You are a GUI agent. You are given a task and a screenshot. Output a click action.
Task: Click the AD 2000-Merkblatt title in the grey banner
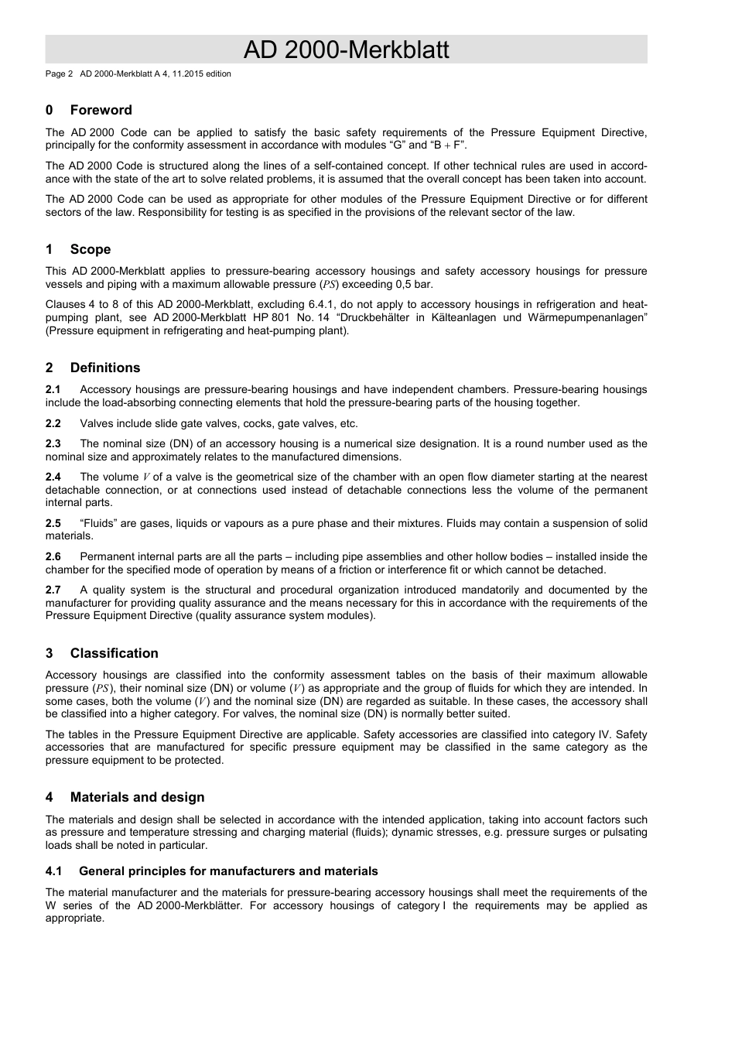346,50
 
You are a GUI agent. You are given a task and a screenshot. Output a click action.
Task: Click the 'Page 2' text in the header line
59,74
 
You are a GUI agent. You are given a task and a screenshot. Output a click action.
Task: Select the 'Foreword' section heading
101,110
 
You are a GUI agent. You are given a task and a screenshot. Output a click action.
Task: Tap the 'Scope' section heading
90,249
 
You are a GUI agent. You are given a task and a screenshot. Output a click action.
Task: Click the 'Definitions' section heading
105,368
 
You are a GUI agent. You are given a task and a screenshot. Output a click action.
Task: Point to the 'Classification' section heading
114,653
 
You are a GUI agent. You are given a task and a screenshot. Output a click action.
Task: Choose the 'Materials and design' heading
137,797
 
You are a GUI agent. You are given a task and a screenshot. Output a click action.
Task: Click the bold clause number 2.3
53,444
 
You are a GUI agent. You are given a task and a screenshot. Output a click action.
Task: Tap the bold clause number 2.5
53,524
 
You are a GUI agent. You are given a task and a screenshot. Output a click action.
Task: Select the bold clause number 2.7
53,590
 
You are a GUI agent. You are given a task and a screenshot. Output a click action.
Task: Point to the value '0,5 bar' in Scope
413,285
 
